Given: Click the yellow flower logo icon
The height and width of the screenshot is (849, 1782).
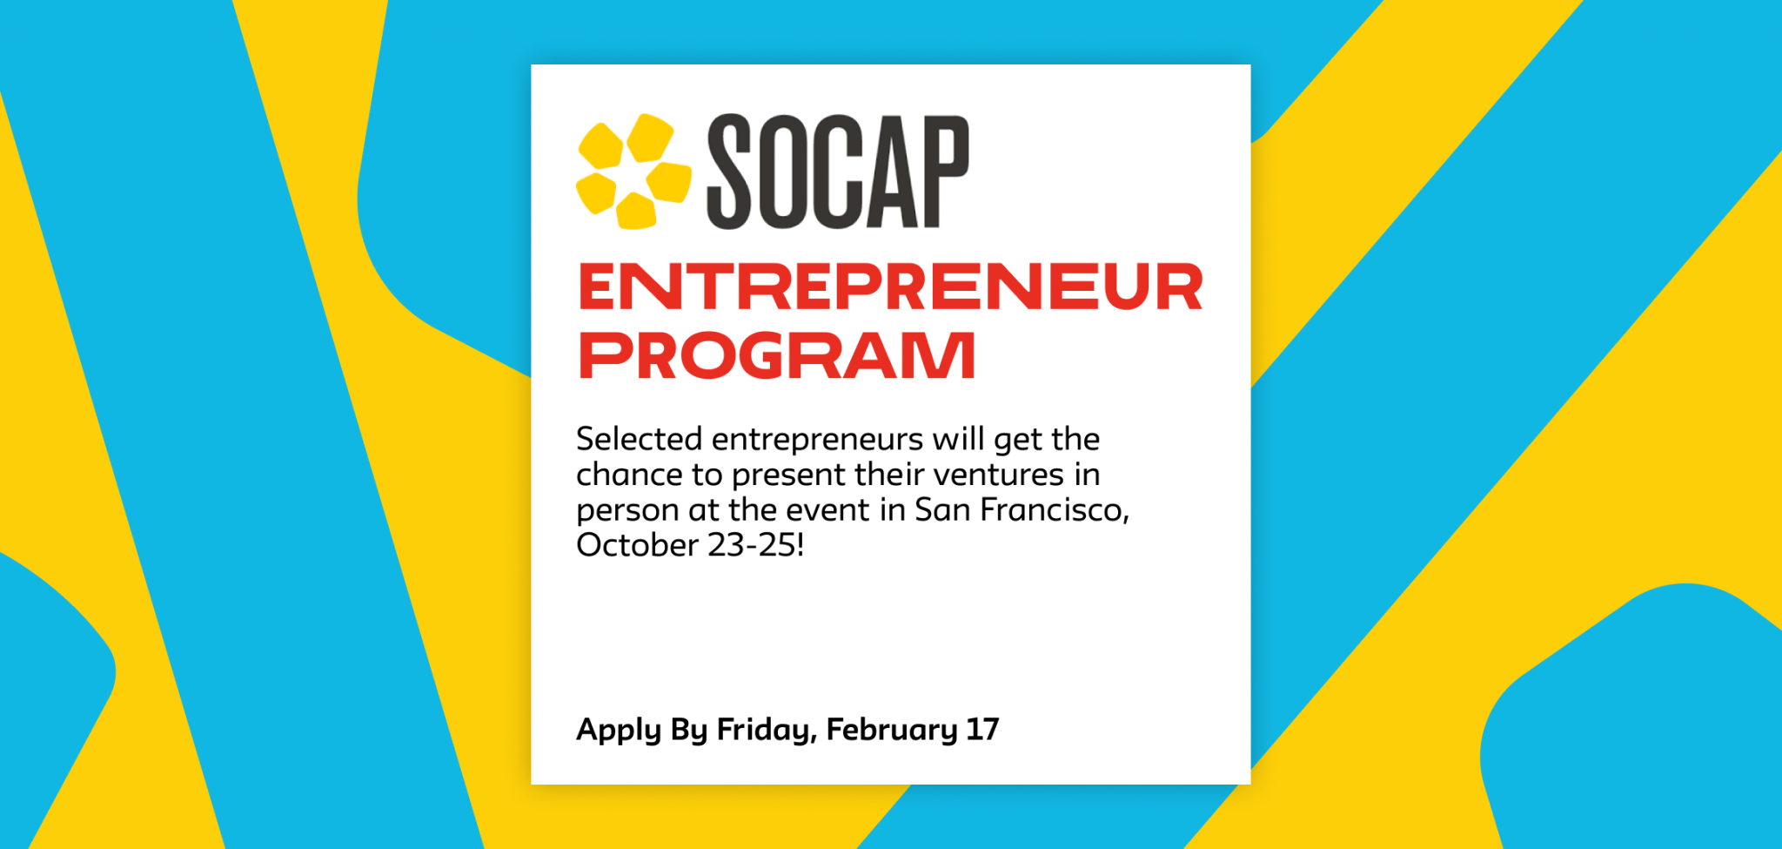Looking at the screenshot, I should (x=633, y=172).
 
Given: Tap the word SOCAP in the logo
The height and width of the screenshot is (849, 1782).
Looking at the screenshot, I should (x=837, y=172).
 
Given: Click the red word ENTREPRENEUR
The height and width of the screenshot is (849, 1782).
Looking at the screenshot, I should (x=890, y=286).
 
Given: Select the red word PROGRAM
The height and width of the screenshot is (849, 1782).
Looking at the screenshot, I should (x=776, y=355).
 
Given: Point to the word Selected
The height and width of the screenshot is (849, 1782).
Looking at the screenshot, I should (x=639, y=439).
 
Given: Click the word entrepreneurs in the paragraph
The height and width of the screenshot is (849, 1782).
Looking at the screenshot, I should (x=817, y=440).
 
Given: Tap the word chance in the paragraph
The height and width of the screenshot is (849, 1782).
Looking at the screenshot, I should (x=628, y=475).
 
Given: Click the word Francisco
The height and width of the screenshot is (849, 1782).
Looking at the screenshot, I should (x=1054, y=509).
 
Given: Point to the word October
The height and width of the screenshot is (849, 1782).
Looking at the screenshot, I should (x=637, y=545).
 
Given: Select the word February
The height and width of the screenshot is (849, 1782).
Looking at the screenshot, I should (x=892, y=730).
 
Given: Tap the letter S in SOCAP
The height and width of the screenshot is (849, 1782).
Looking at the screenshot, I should (x=729, y=172).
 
